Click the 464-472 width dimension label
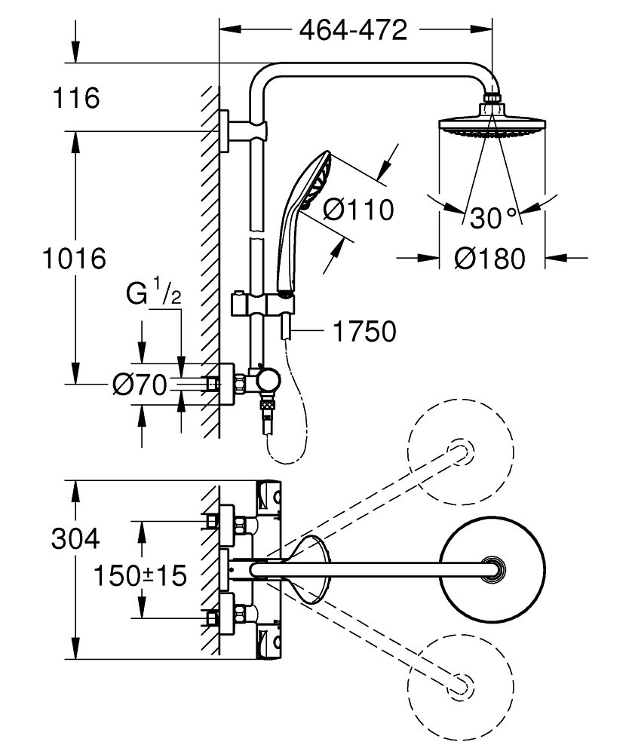[353, 29]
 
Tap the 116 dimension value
[77, 97]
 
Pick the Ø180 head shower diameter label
[489, 259]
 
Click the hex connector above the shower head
[492, 98]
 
